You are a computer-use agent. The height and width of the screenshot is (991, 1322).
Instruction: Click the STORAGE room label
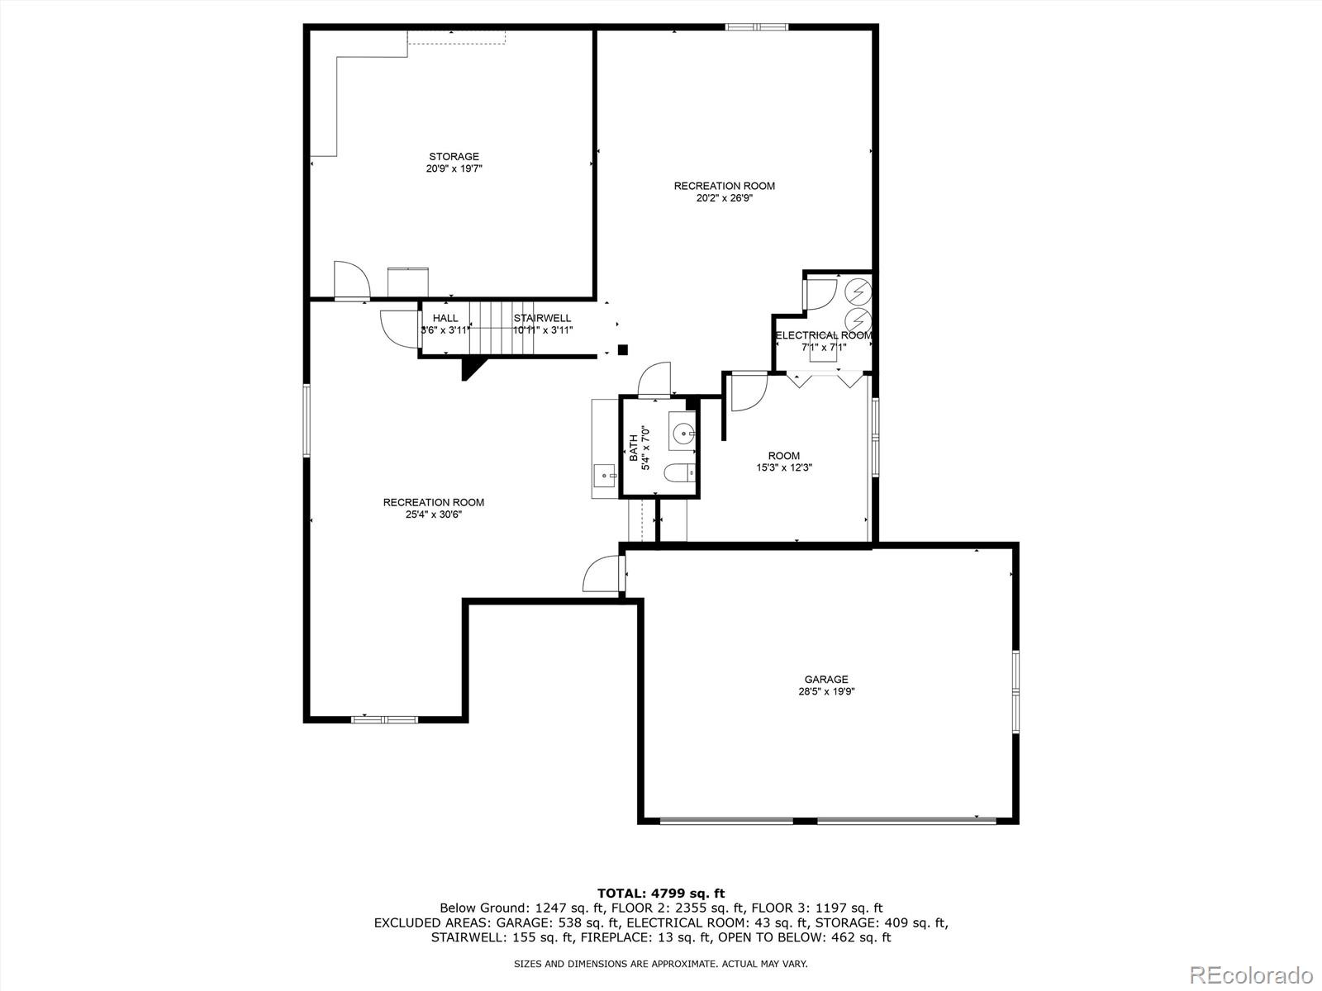(x=454, y=157)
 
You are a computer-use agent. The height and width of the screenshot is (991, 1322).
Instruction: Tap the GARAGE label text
(x=826, y=680)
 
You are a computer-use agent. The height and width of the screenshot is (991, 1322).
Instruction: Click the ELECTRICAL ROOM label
(x=823, y=335)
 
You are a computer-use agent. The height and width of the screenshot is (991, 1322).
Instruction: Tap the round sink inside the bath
(x=684, y=433)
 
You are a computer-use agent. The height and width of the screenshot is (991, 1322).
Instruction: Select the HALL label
(x=445, y=318)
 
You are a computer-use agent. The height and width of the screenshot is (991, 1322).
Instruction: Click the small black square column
(x=623, y=349)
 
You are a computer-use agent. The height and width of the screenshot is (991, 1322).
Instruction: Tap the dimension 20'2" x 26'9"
(x=725, y=198)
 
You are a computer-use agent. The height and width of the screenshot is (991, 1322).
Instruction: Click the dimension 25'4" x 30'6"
(x=434, y=514)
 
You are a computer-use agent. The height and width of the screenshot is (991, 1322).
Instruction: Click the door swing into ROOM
(x=749, y=391)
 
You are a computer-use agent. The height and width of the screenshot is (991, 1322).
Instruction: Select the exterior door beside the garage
(x=602, y=574)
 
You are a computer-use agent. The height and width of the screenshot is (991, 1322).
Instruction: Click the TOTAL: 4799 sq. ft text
(x=660, y=893)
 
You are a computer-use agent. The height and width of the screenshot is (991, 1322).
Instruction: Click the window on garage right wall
(x=1015, y=690)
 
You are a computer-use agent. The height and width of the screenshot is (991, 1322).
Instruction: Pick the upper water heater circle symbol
(x=858, y=292)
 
